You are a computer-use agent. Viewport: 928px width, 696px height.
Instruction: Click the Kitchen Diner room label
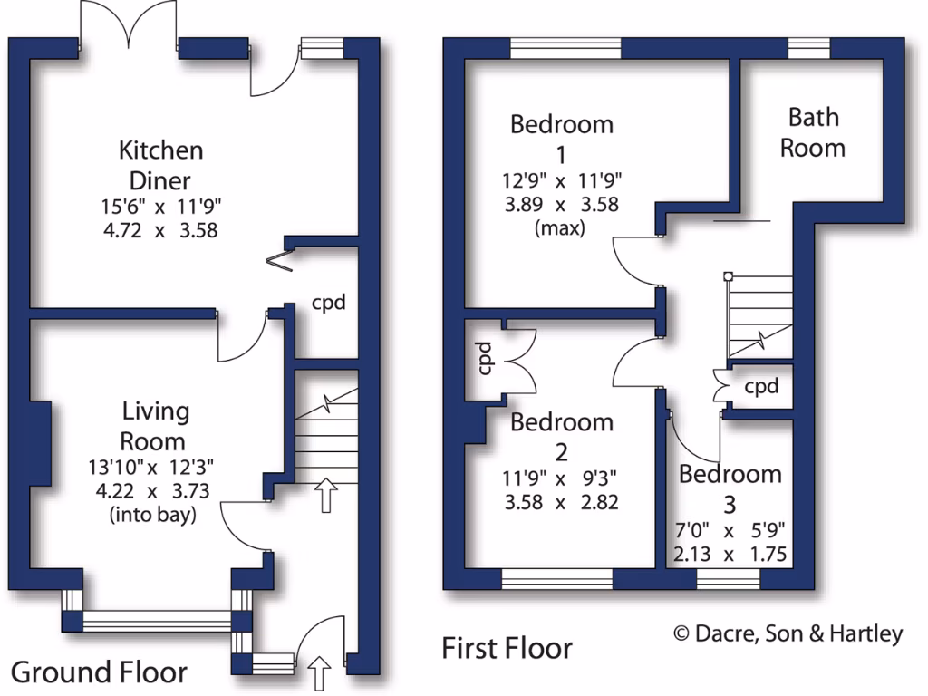pyautogui.click(x=160, y=164)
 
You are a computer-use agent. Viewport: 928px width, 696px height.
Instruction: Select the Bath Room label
pyautogui.click(x=813, y=132)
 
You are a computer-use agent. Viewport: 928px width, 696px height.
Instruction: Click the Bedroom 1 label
pyautogui.click(x=562, y=137)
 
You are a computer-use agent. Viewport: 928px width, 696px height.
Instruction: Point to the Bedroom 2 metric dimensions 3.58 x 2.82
pyautogui.click(x=562, y=501)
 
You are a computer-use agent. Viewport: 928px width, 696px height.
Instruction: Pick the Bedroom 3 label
pyautogui.click(x=730, y=488)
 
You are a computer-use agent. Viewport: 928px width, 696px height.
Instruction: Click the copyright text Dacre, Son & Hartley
pyautogui.click(x=788, y=633)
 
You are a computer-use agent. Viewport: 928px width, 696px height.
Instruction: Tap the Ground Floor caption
pyautogui.click(x=99, y=672)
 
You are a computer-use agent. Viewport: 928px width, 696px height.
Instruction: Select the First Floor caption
pyautogui.click(x=507, y=648)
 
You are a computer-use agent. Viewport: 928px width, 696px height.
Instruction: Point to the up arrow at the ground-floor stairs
pyautogui.click(x=325, y=495)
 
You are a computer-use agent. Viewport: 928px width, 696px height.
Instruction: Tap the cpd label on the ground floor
pyautogui.click(x=328, y=303)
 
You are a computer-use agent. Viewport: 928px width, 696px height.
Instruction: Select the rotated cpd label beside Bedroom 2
pyautogui.click(x=484, y=358)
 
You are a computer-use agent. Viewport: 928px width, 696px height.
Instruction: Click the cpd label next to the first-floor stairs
pyautogui.click(x=761, y=387)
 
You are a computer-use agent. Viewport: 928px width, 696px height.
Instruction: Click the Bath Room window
pyautogui.click(x=809, y=49)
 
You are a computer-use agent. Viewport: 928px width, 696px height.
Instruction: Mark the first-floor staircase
pyautogui.click(x=759, y=317)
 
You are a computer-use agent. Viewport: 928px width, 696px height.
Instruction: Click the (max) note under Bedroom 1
pyautogui.click(x=562, y=227)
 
